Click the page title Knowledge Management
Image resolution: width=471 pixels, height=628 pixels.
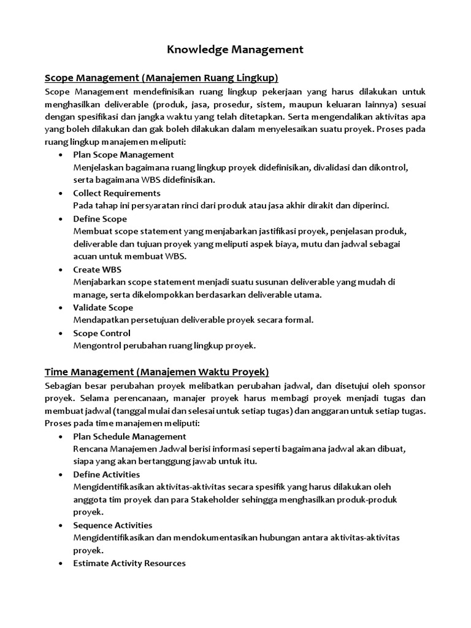coord(235,50)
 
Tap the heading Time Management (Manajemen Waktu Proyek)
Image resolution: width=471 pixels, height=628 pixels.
coord(157,372)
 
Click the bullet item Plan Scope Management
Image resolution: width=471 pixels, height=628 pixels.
coord(123,155)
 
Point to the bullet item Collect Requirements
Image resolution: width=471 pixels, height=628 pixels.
coord(117,193)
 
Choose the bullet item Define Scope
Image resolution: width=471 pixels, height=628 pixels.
coord(100,219)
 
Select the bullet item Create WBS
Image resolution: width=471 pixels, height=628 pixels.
coord(97,270)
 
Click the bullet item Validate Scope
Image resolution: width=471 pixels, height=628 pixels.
coord(103,308)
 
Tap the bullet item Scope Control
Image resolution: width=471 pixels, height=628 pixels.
coord(102,333)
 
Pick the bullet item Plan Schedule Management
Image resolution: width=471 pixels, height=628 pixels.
coord(129,436)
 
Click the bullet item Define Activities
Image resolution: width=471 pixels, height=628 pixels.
coord(106,475)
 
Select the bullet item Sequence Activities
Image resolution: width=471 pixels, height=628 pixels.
coord(113,526)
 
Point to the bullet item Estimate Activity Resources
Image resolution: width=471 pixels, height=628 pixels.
coord(129,563)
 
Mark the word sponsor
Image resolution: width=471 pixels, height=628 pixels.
coord(407,385)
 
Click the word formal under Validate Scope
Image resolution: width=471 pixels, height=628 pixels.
coord(300,320)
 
